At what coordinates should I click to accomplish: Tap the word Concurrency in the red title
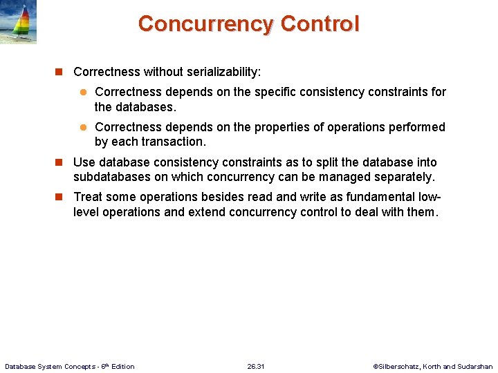click(x=206, y=23)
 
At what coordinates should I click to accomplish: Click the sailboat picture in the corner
click(x=18, y=22)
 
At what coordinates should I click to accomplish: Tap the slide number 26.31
click(x=255, y=366)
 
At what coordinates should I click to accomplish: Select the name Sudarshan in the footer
click(x=474, y=366)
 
